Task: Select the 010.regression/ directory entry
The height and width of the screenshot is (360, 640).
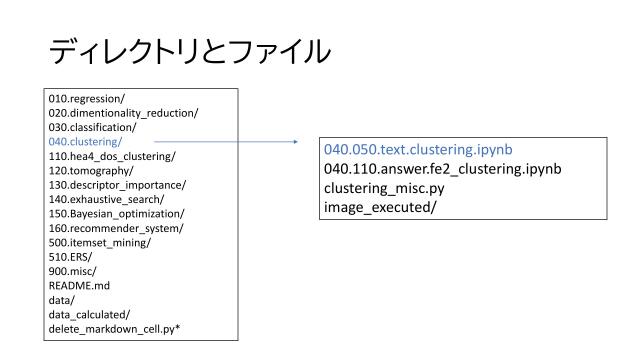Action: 83,98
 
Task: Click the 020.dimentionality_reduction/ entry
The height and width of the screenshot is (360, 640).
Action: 110,112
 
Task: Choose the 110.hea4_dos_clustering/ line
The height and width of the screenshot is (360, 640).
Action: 110,156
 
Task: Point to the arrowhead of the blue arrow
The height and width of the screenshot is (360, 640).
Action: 296,142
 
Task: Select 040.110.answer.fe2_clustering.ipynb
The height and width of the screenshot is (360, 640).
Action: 441,169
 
